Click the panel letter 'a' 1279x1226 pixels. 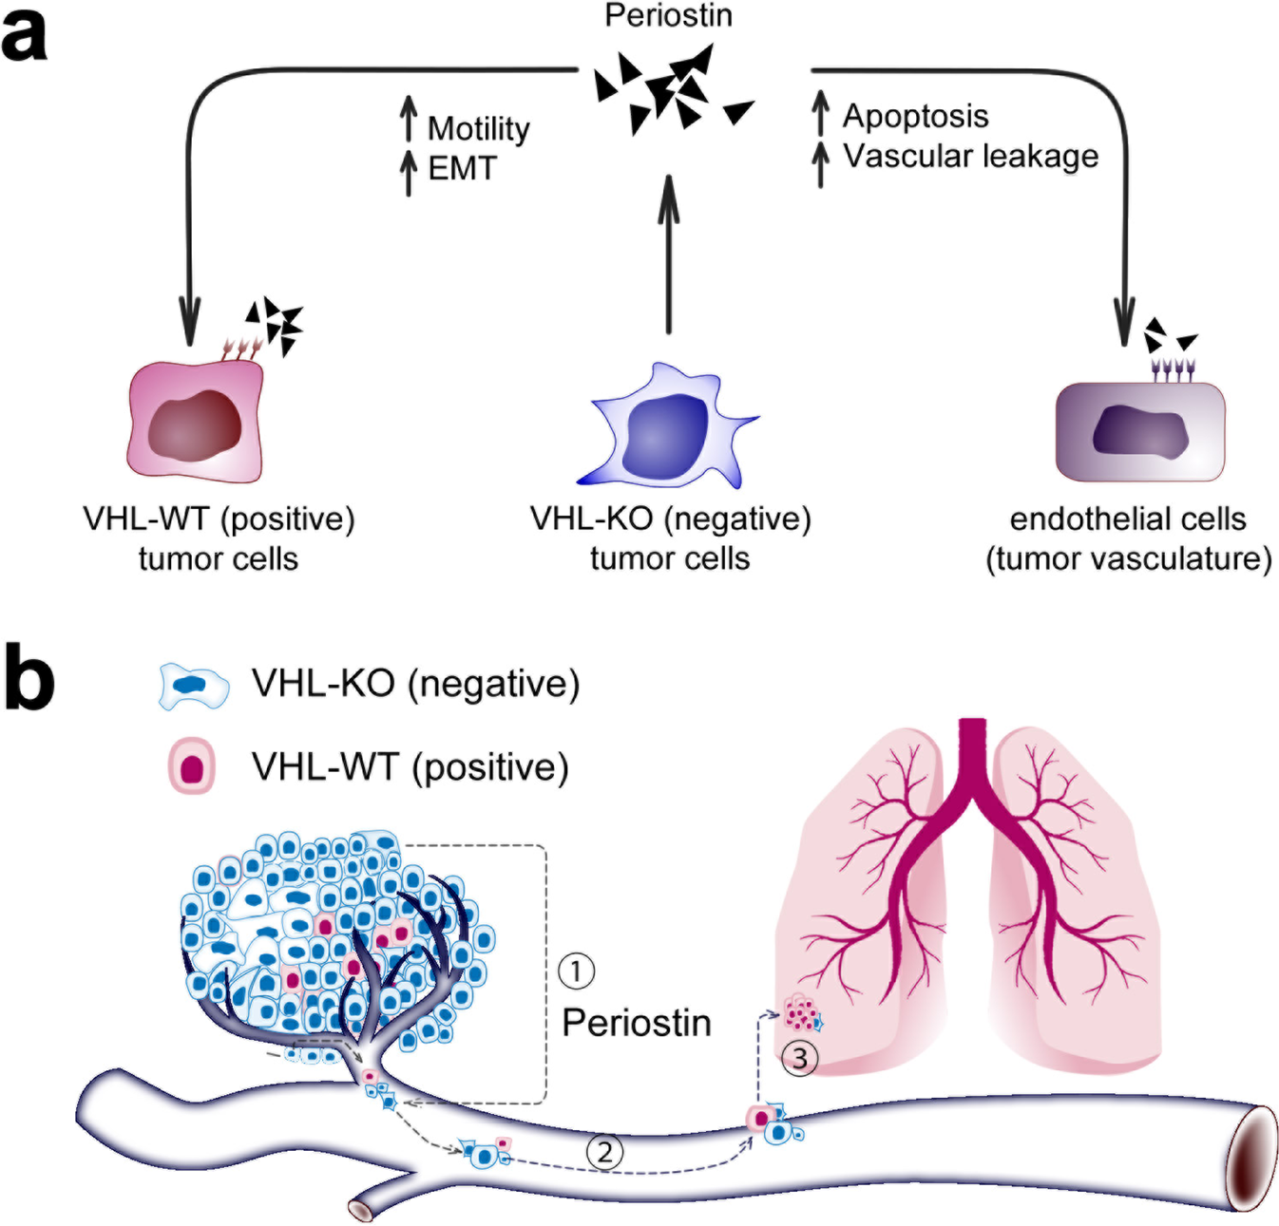pyautogui.click(x=25, y=36)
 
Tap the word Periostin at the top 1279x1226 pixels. pyautogui.click(x=668, y=15)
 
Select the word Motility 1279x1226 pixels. pyautogui.click(x=478, y=128)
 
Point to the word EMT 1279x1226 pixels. pyautogui.click(x=462, y=168)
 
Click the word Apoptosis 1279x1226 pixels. pyautogui.click(x=915, y=116)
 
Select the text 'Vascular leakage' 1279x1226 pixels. pyautogui.click(x=970, y=156)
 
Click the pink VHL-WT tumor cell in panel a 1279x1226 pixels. pyautogui.click(x=196, y=423)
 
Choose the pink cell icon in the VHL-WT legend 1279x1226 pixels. pyautogui.click(x=192, y=767)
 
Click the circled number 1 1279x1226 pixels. pyautogui.click(x=576, y=971)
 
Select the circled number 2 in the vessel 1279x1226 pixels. pyautogui.click(x=604, y=1152)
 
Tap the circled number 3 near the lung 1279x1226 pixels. pyautogui.click(x=799, y=1057)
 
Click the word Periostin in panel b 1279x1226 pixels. pyautogui.click(x=636, y=1023)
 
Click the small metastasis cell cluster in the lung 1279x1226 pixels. pyautogui.click(x=801, y=1013)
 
